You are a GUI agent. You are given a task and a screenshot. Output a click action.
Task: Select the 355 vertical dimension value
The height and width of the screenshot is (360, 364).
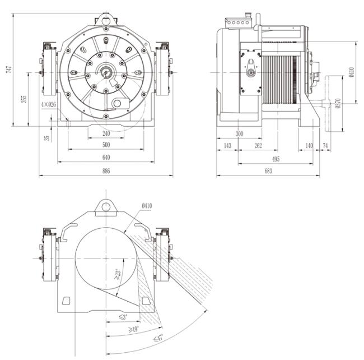pos(24,99)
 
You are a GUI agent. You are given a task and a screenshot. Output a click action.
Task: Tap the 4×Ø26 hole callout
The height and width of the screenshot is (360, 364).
pos(49,105)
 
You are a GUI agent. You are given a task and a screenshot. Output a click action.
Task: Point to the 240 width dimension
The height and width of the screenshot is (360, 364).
pos(106,135)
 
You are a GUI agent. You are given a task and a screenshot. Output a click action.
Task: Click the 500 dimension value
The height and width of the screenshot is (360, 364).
pos(106,145)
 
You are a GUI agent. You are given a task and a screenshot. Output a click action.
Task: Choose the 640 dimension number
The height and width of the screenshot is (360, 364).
pos(106,158)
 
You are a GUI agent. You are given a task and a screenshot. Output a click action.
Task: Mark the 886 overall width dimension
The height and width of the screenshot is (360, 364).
pos(106,172)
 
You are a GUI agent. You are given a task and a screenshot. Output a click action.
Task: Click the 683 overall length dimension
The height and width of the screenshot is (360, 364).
pos(268,172)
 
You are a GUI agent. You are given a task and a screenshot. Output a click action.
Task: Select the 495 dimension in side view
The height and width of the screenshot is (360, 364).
pos(277,159)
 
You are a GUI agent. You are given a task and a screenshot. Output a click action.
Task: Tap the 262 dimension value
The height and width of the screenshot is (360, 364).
pos(258,146)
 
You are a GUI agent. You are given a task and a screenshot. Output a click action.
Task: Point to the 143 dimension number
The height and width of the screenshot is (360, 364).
pos(227,146)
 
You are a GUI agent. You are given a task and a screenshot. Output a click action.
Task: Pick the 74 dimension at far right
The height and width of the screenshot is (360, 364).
pos(326,146)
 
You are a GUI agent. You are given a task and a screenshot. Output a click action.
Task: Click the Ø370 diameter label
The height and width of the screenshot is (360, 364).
pos(337,103)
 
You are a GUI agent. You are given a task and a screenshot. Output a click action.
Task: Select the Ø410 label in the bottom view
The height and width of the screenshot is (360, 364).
pos(147,206)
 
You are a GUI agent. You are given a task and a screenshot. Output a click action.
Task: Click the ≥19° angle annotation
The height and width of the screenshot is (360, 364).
pos(134,329)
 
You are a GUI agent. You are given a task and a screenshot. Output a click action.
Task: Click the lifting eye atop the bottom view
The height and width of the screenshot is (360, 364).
pos(105,206)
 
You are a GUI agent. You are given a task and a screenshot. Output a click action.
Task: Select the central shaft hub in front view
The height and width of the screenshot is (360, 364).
pos(105,72)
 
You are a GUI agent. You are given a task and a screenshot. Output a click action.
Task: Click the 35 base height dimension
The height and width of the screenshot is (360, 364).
pos(48,136)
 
